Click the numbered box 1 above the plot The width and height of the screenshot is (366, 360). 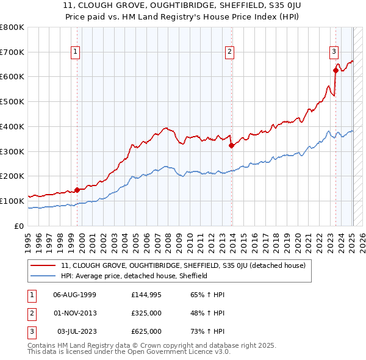pos(74,52)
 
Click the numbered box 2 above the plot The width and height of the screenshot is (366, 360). pos(230,52)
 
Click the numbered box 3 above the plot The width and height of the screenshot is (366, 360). pos(334,52)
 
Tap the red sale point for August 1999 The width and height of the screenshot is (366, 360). pos(77,190)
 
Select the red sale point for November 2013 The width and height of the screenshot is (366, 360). pos(232,145)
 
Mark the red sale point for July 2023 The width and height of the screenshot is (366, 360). pos(336,71)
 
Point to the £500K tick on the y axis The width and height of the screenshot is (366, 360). pos(14,102)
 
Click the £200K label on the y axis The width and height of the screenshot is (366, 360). pos(14,176)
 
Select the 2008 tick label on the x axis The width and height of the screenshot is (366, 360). pos(173,240)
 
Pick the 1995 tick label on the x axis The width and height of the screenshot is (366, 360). pos(28,240)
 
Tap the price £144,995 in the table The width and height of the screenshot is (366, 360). pos(146,295)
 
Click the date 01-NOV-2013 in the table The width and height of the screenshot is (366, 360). pos(75,313)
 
